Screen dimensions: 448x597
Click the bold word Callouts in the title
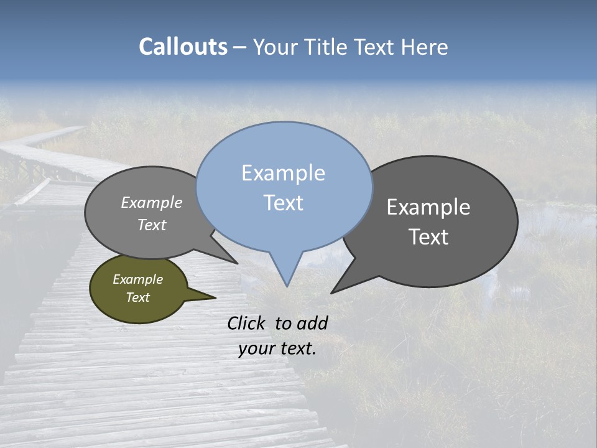[183, 47]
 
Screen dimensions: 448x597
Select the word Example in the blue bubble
[283, 173]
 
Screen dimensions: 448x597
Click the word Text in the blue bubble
[284, 202]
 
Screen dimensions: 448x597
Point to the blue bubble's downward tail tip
[287, 286]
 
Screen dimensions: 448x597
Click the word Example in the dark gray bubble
[428, 207]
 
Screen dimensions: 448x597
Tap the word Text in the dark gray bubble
[428, 236]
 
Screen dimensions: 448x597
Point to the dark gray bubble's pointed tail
[332, 292]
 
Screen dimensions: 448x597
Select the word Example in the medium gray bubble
[152, 202]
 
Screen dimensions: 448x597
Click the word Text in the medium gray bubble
[152, 225]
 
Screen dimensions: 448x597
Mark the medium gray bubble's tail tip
[237, 263]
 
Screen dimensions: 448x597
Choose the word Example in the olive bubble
[137, 279]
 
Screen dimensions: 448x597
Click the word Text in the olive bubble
[137, 297]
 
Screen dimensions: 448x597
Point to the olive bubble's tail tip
[215, 297]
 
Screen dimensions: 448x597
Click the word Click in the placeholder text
[248, 323]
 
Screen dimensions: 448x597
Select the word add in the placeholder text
[312, 323]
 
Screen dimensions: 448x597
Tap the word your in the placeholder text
[256, 348]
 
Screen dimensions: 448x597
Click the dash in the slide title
[240, 47]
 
